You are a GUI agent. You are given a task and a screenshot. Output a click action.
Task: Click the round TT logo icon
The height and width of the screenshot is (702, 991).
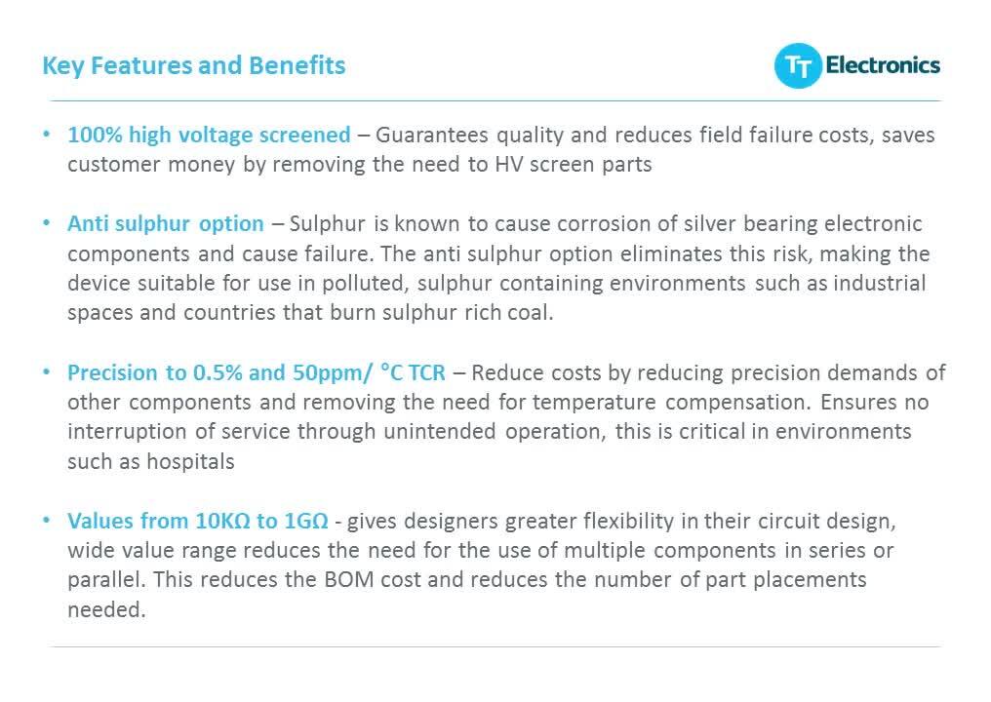tap(799, 66)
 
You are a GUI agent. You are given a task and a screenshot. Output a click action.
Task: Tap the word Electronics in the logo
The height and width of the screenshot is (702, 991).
tap(883, 65)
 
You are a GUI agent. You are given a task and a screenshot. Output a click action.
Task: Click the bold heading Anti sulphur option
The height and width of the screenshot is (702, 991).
tap(165, 223)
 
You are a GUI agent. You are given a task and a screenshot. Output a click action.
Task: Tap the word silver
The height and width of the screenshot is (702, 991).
tap(689, 223)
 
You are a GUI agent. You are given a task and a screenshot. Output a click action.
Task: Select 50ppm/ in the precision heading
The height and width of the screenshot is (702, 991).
tap(333, 372)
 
